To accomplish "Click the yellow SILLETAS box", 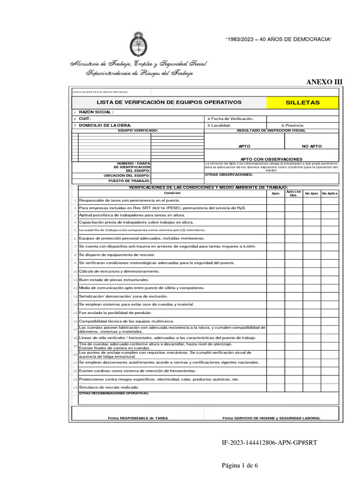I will coord(302,102).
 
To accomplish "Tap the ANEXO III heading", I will coord(324,82).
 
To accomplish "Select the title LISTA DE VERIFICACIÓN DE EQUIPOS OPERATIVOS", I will coord(169,102).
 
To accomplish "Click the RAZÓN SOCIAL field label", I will coord(96,112).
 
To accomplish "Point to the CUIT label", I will coord(85,119).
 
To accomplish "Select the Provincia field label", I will coord(292,126).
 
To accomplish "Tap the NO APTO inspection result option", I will coord(312,146).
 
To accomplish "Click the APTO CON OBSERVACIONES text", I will coord(271,159).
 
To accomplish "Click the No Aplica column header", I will coord(330,193).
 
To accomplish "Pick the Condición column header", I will coord(172,193).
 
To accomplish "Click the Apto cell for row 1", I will coord(275,201).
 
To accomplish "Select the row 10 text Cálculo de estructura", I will coord(119,271).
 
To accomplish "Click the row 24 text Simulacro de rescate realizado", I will coord(109,388).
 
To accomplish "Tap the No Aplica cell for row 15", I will coord(330,313).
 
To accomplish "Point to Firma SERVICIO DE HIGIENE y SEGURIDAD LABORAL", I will coord(271,418).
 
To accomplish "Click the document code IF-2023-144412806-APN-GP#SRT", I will coord(270,442).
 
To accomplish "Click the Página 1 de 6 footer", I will coord(240,465).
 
